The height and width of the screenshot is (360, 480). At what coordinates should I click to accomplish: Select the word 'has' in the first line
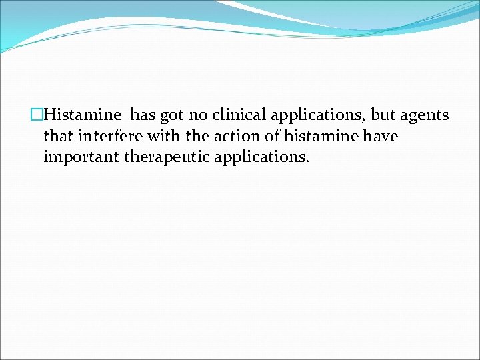point(143,115)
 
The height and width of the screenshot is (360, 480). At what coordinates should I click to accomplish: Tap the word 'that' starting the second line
point(58,137)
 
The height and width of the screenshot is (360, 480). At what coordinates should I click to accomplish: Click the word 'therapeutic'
point(157,158)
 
